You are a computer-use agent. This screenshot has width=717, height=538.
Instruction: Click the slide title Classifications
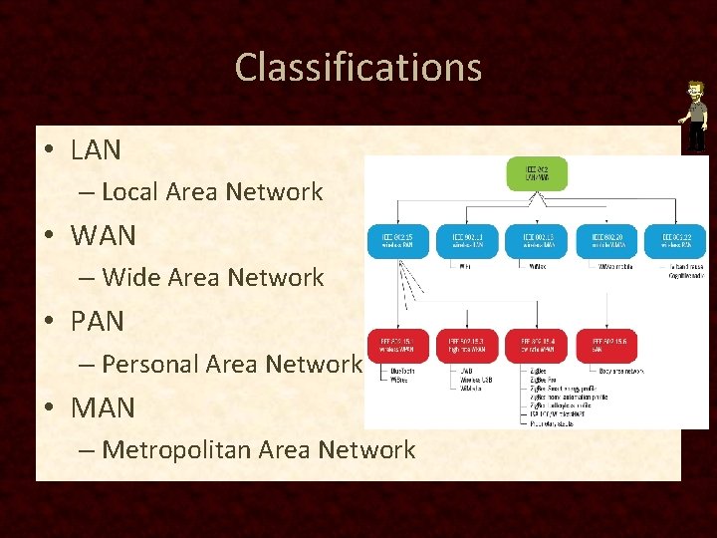358,68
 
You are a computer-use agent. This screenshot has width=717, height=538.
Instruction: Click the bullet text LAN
96,150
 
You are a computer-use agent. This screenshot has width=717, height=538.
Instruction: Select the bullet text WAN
103,236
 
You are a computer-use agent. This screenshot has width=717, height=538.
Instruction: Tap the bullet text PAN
98,322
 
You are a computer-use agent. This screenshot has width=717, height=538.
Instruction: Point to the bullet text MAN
103,407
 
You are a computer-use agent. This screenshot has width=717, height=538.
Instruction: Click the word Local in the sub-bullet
131,191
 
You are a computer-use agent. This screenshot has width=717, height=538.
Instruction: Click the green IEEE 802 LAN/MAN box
537,173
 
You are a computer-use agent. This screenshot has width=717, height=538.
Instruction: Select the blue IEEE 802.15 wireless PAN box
397,239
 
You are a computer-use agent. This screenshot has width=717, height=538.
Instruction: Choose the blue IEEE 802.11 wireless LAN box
467,239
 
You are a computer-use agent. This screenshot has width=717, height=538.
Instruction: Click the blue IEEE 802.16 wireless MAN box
537,239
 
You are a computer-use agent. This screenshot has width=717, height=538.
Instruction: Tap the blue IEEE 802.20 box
606,239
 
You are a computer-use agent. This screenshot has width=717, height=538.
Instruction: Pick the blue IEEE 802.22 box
676,239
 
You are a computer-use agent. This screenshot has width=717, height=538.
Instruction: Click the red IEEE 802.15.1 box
397,345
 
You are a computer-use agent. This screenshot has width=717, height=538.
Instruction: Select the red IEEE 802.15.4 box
537,345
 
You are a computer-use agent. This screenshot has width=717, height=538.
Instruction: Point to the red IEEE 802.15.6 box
606,345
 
